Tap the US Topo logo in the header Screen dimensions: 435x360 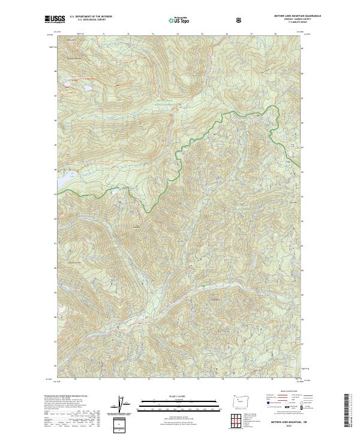click(x=179, y=20)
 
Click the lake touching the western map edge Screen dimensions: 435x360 click(x=60, y=178)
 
